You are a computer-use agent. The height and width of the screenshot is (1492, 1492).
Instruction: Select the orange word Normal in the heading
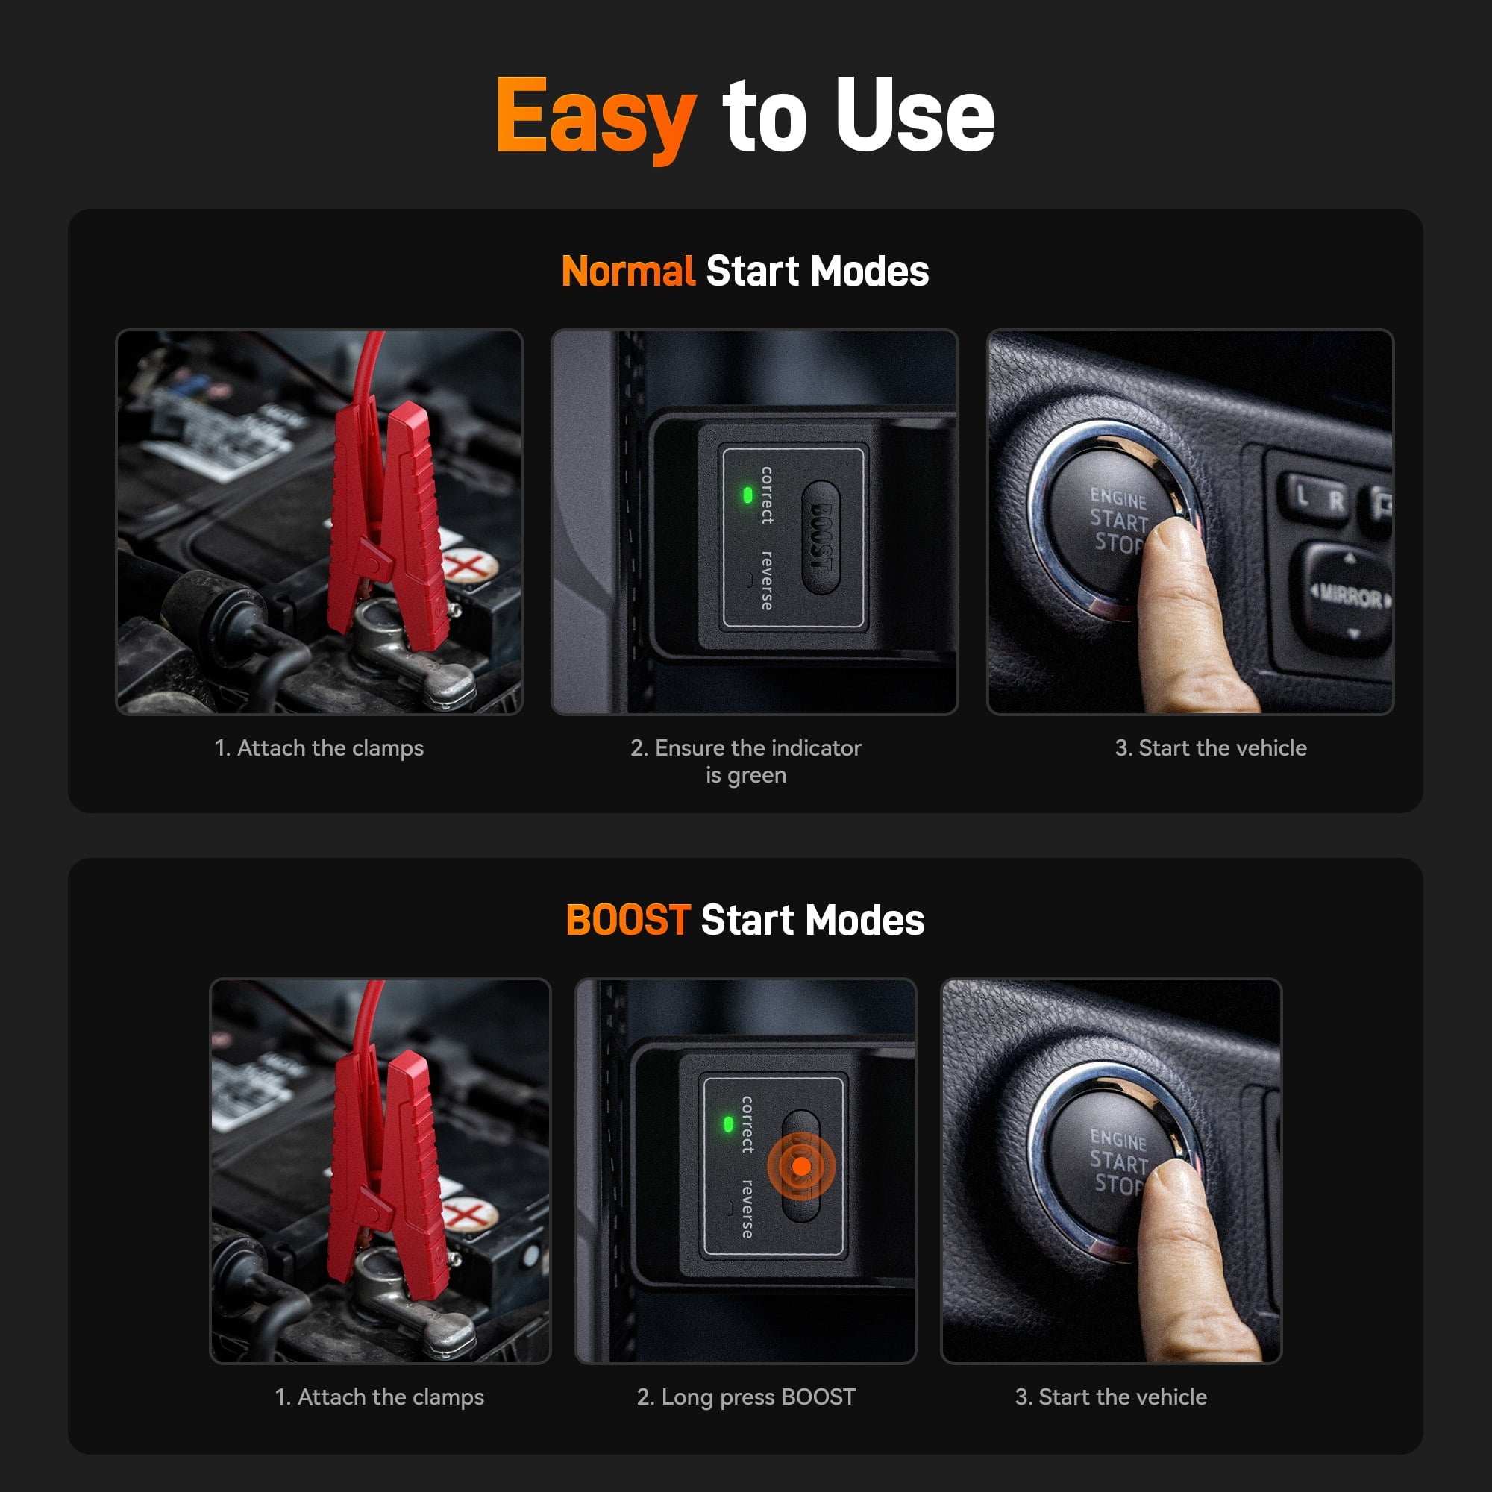click(x=628, y=272)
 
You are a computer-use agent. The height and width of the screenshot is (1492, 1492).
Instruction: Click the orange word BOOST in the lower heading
click(x=628, y=921)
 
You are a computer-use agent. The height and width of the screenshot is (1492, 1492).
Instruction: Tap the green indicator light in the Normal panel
click(x=747, y=495)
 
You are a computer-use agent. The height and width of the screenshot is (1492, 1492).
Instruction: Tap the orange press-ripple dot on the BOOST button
click(x=802, y=1166)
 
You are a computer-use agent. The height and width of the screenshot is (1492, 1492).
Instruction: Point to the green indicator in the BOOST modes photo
click(x=727, y=1124)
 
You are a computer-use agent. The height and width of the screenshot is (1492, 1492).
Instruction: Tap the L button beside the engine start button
click(x=1303, y=496)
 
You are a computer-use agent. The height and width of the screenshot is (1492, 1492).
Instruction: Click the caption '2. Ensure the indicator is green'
click(x=745, y=761)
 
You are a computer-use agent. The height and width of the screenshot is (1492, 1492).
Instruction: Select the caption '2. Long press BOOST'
click(x=745, y=1397)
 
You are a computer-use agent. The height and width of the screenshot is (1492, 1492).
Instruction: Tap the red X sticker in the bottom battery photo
click(x=466, y=1214)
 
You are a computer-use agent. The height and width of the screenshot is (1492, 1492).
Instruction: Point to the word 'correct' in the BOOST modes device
click(x=747, y=1124)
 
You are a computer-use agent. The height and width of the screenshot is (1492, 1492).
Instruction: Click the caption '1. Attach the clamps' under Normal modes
click(x=319, y=747)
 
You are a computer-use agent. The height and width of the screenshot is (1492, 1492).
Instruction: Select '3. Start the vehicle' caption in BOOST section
click(x=1111, y=1397)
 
